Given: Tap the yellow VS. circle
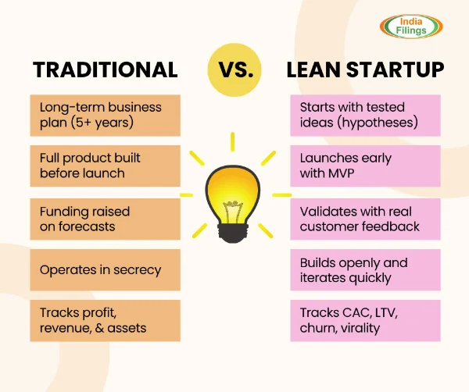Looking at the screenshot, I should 234,69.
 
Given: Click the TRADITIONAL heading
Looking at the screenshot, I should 106,69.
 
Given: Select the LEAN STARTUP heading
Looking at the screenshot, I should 365,69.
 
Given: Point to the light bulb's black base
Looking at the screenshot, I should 233,237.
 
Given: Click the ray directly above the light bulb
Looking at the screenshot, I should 233,142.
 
